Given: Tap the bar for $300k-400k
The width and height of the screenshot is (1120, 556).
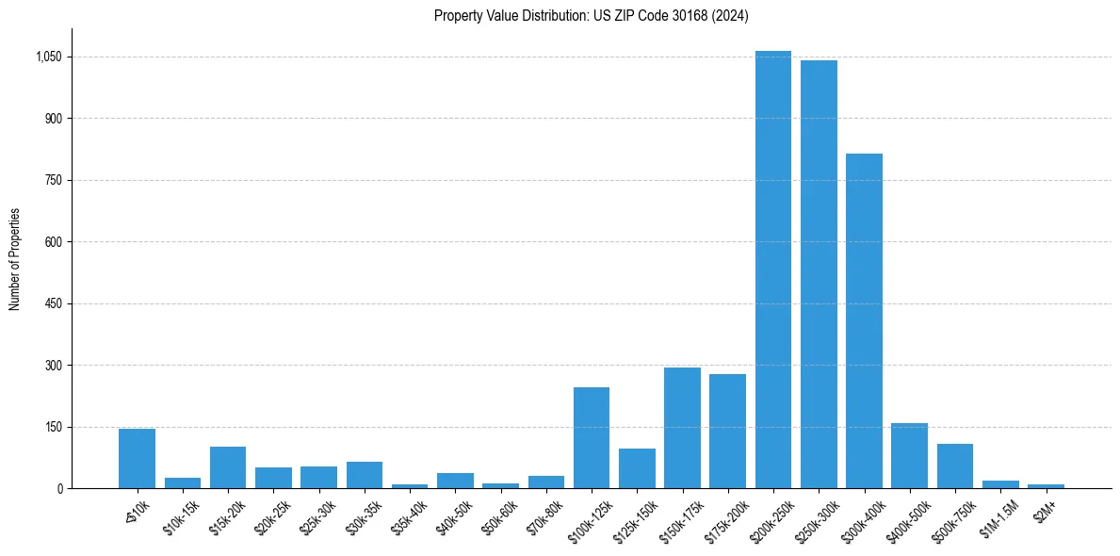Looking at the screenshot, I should [864, 320].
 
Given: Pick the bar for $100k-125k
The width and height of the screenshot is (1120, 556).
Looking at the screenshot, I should [592, 437].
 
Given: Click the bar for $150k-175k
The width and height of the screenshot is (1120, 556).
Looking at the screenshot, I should [682, 428].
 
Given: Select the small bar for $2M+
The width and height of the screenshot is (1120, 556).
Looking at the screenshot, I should [1046, 485].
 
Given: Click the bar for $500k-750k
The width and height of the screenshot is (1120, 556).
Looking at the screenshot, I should [954, 466].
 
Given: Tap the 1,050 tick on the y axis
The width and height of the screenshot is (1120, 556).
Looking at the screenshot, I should [48, 57].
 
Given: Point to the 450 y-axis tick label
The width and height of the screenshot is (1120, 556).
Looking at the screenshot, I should [53, 303].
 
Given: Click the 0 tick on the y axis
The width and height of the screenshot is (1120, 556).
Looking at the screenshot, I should [59, 488].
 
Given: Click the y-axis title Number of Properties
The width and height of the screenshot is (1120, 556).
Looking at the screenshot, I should [15, 259].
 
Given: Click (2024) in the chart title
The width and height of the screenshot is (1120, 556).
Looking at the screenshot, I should [730, 15].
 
